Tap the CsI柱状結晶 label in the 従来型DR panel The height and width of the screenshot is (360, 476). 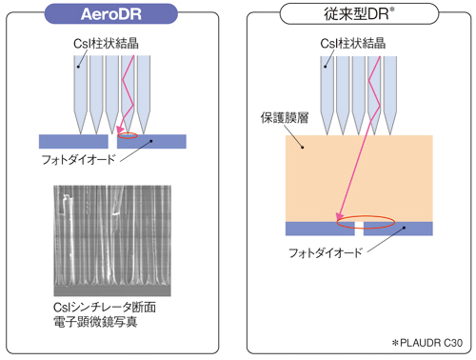(353, 44)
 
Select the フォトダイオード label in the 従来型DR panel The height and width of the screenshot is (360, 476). (326, 254)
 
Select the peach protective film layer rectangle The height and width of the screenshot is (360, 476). (360, 177)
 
